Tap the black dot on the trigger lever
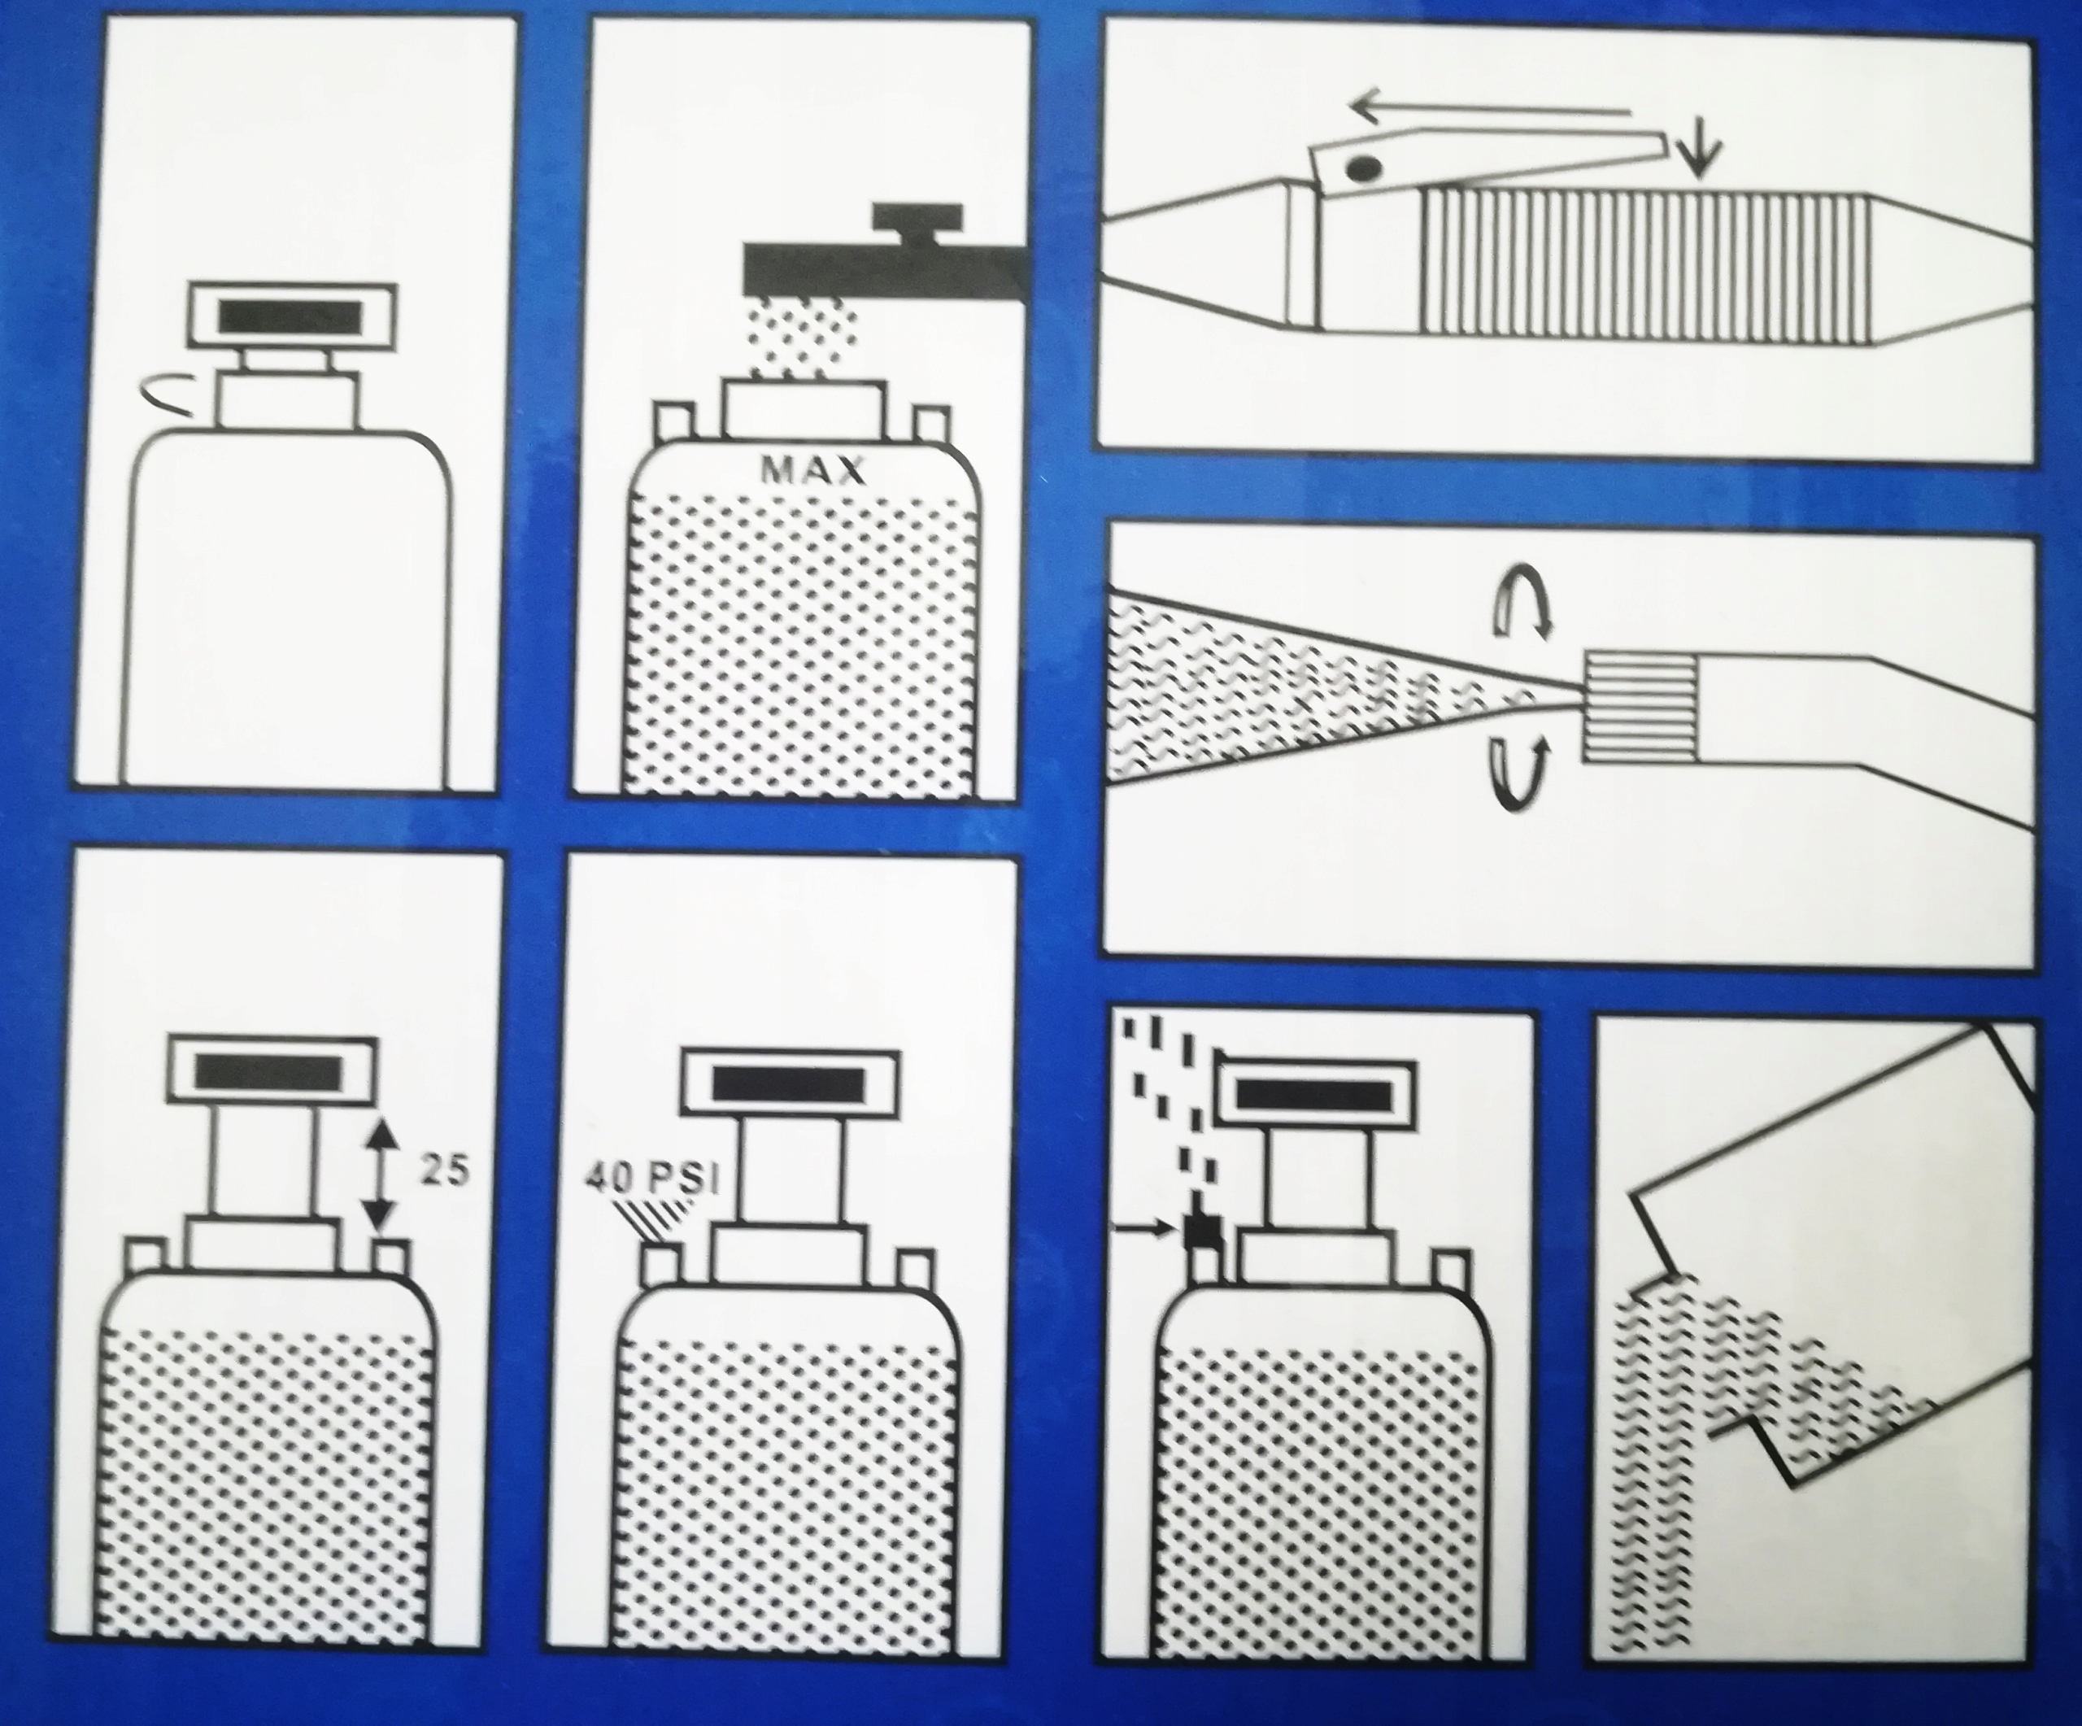tap(1365, 168)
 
